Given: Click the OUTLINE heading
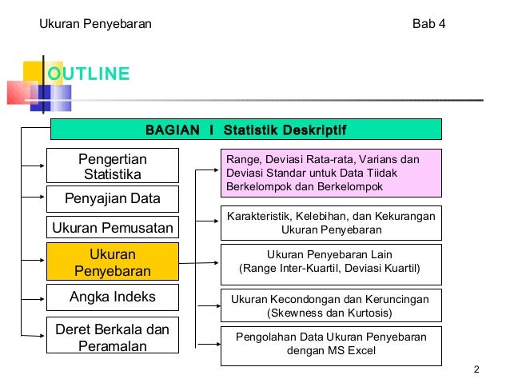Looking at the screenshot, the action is coord(88,75).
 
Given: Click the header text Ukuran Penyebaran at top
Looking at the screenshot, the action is coord(96,23).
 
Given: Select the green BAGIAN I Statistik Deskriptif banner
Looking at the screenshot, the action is coord(245,130).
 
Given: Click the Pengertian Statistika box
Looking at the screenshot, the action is coord(112,166).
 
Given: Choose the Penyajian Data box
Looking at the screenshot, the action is coord(112,198).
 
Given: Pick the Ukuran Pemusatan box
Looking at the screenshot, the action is coord(112,229).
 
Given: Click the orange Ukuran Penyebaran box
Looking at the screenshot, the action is coord(112,262).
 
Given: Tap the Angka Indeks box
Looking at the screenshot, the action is coord(112,298).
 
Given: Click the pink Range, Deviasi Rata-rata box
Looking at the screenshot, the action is coord(330,172).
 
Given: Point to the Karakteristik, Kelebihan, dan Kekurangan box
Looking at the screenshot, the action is coord(330,222).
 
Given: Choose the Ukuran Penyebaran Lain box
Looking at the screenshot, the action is coord(330,261).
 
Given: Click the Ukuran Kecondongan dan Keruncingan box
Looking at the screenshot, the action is coord(330,305).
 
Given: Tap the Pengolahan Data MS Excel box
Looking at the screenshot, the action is coord(330,344).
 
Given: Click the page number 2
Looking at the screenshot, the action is coord(476,369).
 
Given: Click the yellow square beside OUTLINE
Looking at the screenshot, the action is coord(33,72).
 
